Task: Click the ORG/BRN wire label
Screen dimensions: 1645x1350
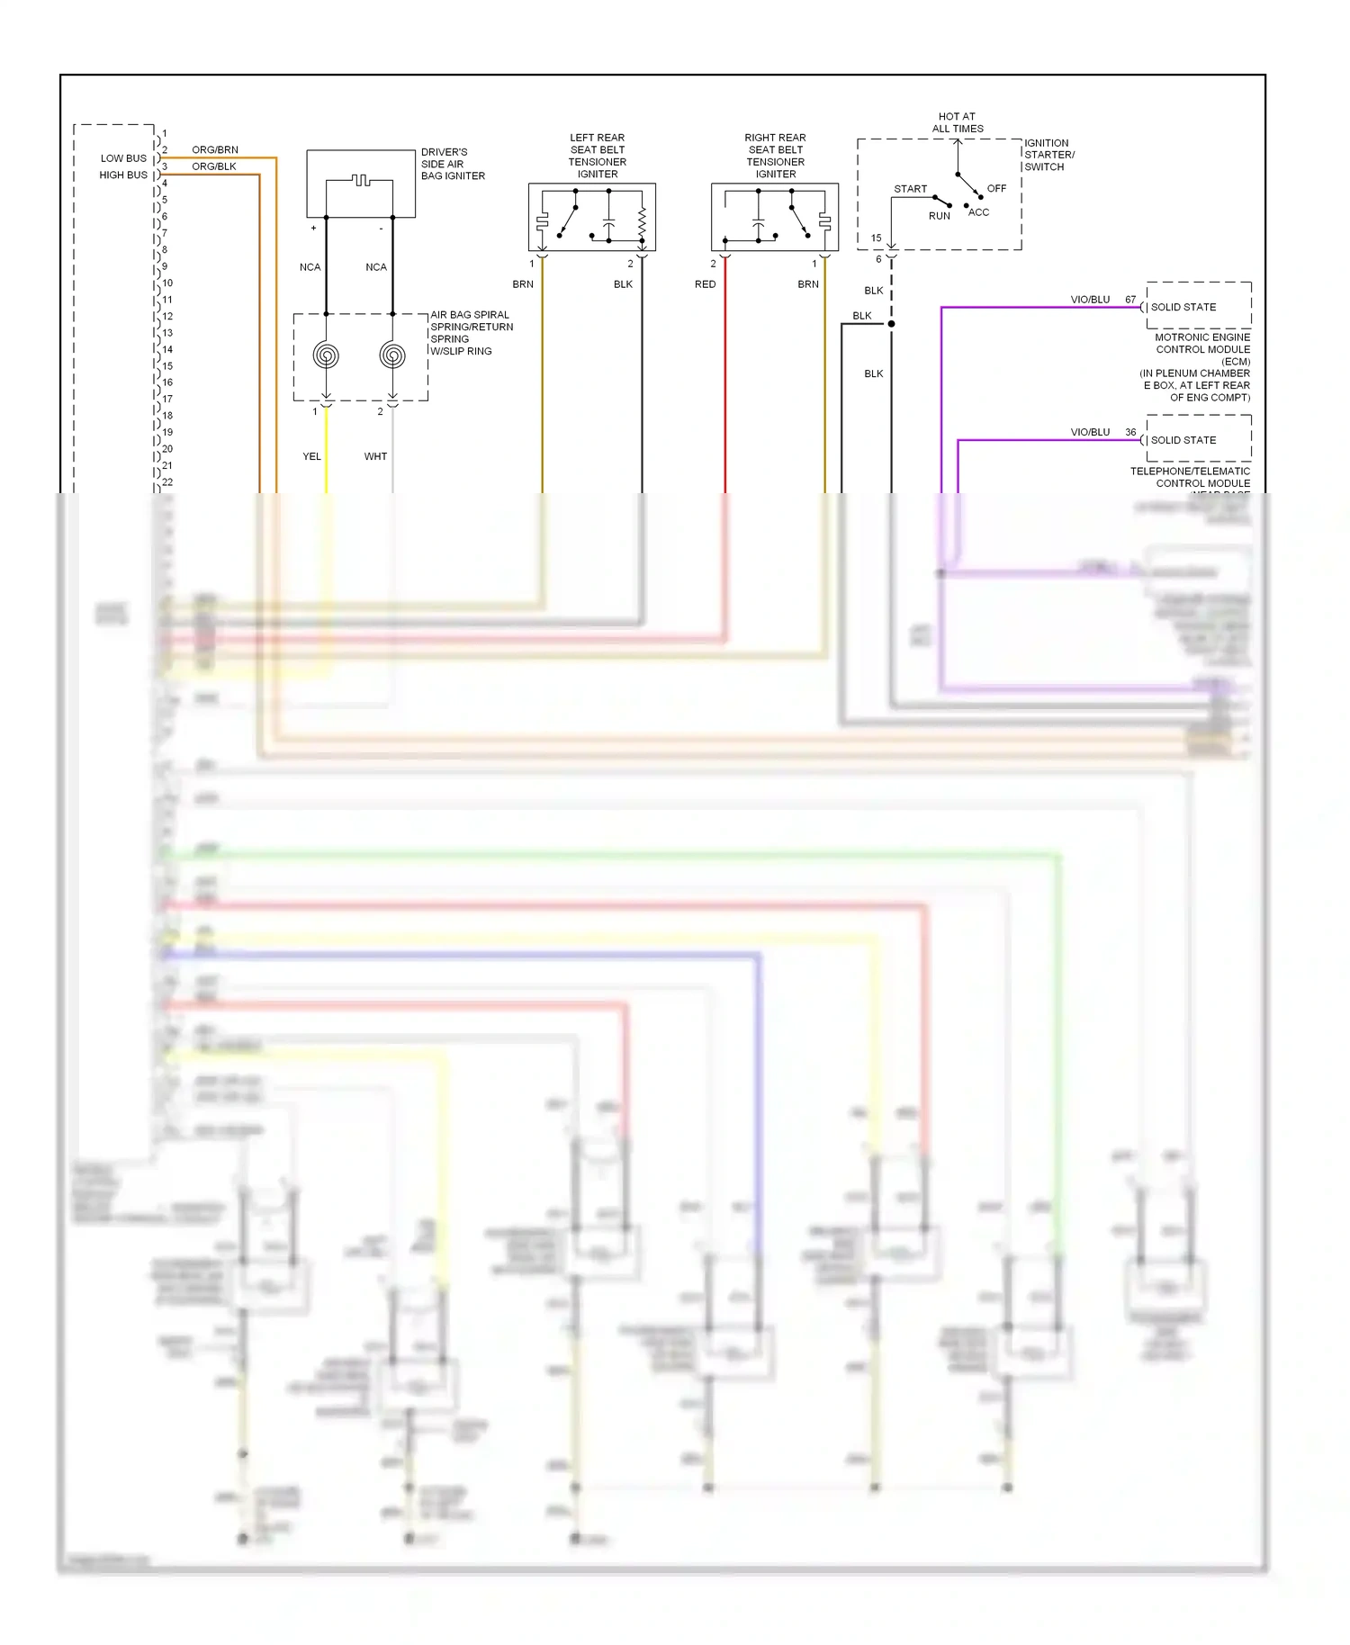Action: click(215, 150)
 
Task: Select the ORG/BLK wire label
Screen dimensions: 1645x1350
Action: click(214, 166)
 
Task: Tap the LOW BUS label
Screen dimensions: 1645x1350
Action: click(123, 158)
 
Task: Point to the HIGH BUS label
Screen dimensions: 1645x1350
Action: click(123, 175)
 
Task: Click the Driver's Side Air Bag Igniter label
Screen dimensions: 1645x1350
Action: click(453, 164)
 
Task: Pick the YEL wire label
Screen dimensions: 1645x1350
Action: click(311, 456)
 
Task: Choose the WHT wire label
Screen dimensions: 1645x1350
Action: click(375, 456)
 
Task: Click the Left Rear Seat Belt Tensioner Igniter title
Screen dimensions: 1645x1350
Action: click(597, 156)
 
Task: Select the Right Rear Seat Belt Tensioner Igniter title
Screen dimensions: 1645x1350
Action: click(775, 156)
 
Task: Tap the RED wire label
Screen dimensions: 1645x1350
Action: click(705, 284)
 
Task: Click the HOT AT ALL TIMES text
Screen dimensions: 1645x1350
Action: click(957, 122)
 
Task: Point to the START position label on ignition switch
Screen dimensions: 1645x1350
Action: click(910, 189)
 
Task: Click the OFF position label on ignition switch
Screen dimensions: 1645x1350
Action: click(996, 189)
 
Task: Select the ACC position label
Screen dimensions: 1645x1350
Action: click(978, 212)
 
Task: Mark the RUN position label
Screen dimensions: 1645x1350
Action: click(939, 216)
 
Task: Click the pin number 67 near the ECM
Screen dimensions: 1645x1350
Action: click(1130, 300)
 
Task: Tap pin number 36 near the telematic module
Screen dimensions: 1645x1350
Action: click(1130, 433)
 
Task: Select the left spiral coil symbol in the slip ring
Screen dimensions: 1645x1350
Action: click(326, 355)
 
